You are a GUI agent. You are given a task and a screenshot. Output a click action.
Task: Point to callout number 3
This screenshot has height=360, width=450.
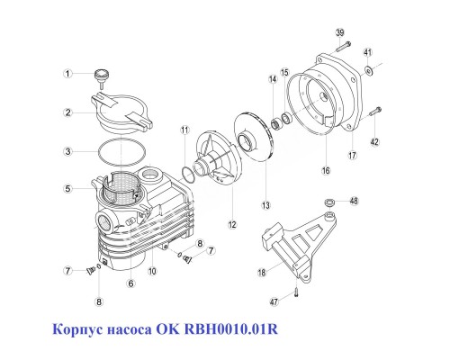tap(67, 151)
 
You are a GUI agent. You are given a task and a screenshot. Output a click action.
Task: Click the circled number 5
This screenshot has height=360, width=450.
tap(67, 189)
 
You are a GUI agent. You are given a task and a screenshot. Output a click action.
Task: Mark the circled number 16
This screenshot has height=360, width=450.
tap(325, 168)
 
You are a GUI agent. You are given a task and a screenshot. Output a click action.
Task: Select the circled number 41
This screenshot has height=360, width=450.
tap(367, 53)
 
